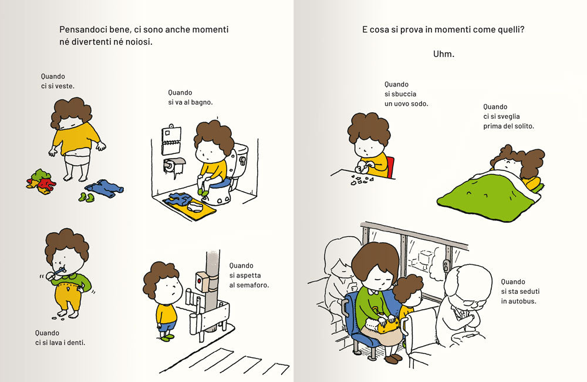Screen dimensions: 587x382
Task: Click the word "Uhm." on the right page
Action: point(444,54)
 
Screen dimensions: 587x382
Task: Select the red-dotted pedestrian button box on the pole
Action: point(202,282)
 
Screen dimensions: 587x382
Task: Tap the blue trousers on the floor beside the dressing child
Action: point(104,188)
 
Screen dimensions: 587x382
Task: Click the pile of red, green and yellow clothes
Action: point(41,182)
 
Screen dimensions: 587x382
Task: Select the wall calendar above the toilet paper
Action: point(171,140)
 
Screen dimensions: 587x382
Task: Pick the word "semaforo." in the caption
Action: point(249,285)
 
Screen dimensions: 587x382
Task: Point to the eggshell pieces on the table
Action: point(361,180)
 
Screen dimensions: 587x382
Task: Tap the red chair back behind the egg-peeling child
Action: point(390,167)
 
